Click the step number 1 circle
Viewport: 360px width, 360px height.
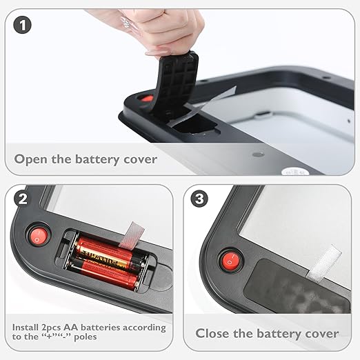(22, 26)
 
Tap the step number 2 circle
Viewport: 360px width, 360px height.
(22, 199)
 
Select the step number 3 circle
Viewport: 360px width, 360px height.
(199, 199)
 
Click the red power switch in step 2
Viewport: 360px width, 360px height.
(39, 237)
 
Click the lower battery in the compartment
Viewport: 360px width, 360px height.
(105, 273)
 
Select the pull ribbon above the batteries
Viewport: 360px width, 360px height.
(132, 235)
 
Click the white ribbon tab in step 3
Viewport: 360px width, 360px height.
(324, 263)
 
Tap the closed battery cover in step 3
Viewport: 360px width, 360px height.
(297, 288)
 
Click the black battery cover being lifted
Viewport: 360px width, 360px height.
(175, 82)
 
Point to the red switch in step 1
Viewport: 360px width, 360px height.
(146, 99)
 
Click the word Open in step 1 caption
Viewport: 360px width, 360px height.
(30, 159)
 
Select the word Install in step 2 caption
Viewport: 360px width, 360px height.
(26, 327)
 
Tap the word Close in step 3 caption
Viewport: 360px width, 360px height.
(212, 333)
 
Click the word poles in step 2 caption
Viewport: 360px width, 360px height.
(86, 337)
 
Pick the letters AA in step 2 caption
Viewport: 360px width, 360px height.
(71, 328)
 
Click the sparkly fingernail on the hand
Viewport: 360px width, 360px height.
(126, 23)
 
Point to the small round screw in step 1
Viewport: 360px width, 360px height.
(258, 154)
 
